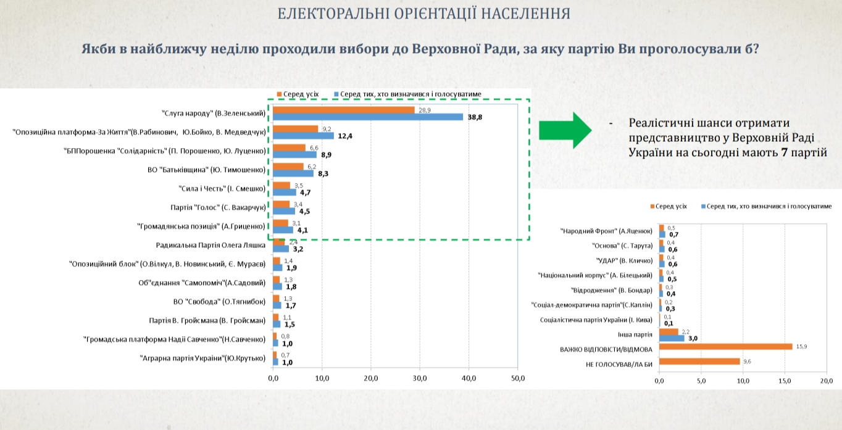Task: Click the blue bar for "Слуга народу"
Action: (x=368, y=117)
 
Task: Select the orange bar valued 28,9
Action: (x=344, y=110)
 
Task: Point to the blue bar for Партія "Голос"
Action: (x=285, y=210)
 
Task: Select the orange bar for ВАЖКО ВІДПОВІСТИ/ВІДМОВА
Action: (x=726, y=347)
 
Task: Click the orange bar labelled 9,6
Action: (x=699, y=362)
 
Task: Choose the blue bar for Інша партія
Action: (x=672, y=338)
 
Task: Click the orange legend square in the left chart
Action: (x=280, y=94)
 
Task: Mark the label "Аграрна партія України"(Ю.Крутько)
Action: (x=203, y=358)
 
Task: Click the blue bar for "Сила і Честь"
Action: (x=285, y=192)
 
